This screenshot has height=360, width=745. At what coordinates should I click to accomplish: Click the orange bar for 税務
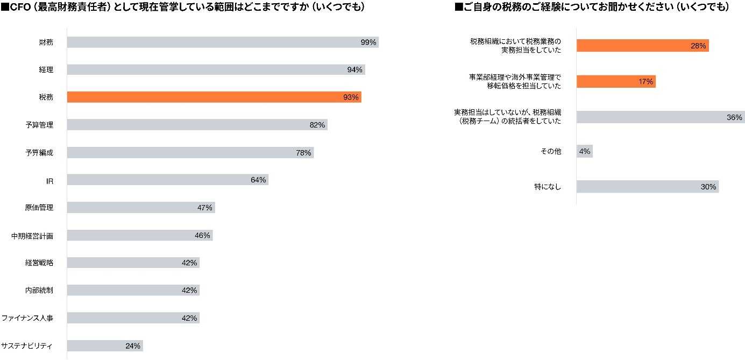coord(214,97)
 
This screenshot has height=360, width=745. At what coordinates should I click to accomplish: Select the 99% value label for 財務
coord(368,42)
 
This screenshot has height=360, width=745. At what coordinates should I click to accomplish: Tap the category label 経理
coord(46,69)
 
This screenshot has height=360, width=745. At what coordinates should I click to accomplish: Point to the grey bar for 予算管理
coord(197,125)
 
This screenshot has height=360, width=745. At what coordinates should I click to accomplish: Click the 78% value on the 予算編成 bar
coord(303,153)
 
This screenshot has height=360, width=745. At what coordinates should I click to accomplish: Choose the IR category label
coord(49,181)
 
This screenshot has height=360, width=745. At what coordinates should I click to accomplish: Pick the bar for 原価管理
coord(141,208)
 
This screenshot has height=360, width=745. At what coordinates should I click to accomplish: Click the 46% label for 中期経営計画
coord(202,235)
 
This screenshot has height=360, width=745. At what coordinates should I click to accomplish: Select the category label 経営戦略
coord(39,263)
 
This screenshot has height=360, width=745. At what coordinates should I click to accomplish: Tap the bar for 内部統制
coord(133,291)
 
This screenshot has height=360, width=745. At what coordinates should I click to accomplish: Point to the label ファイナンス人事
coord(27,318)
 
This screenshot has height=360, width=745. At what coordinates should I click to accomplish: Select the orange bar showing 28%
coord(642,46)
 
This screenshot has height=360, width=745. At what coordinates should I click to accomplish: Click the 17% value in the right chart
coord(645,82)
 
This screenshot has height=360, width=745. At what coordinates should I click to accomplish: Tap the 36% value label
coord(735,117)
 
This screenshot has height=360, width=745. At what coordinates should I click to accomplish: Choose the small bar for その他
coord(584,152)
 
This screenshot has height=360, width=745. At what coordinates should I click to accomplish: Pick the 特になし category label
coord(548,187)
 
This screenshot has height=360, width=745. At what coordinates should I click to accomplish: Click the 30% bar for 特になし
coord(648,187)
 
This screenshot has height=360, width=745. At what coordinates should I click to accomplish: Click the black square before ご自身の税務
coord(459,7)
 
